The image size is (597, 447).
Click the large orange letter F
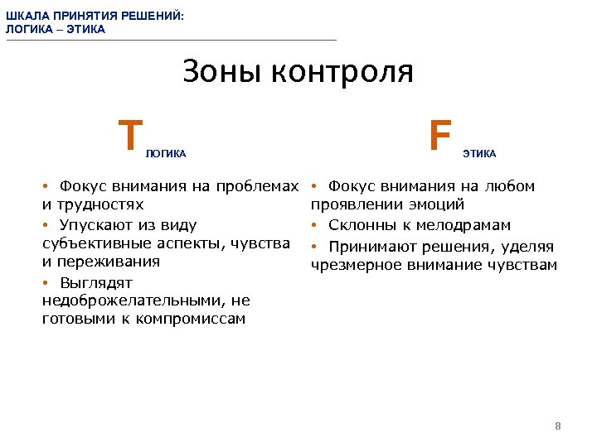pyautogui.click(x=440, y=135)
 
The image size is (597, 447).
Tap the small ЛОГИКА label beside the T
pyautogui.click(x=166, y=154)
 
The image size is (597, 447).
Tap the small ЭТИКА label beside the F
pyautogui.click(x=479, y=154)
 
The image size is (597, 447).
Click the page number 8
pyautogui.click(x=558, y=426)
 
